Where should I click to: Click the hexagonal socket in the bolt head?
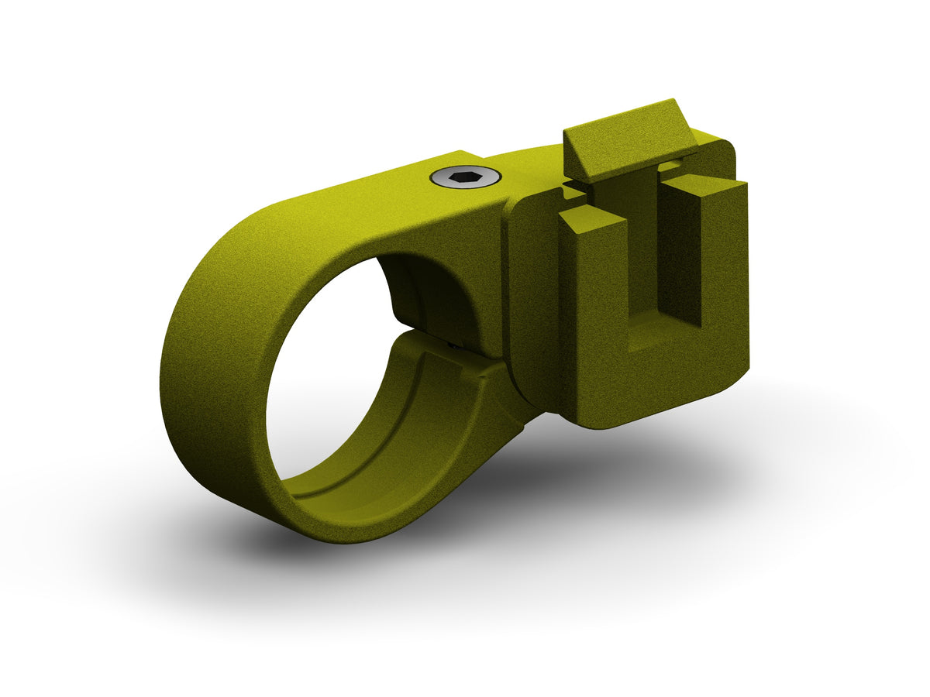tap(466, 179)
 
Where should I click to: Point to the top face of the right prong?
tap(705, 185)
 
